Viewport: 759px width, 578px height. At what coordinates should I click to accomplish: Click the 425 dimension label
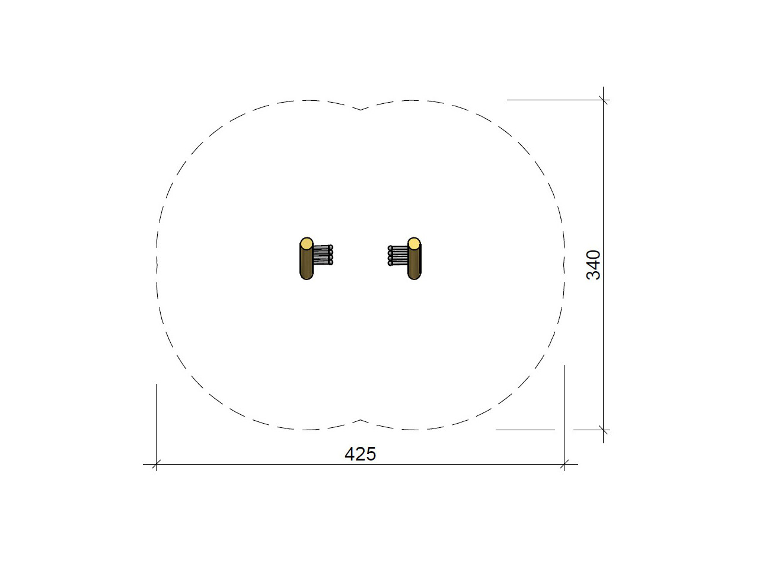click(x=360, y=454)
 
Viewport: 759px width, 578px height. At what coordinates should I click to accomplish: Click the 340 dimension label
click(x=594, y=265)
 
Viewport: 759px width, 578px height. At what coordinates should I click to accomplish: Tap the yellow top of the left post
click(x=307, y=243)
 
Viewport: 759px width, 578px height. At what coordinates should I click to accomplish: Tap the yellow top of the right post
click(x=414, y=243)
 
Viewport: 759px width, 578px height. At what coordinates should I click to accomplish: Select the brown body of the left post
click(x=306, y=263)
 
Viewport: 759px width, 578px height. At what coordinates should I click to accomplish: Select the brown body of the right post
click(x=414, y=263)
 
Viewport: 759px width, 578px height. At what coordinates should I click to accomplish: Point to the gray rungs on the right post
click(x=398, y=256)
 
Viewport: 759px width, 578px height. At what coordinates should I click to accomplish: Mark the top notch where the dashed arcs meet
click(x=361, y=110)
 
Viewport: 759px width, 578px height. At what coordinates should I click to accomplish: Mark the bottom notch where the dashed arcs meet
click(x=361, y=420)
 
